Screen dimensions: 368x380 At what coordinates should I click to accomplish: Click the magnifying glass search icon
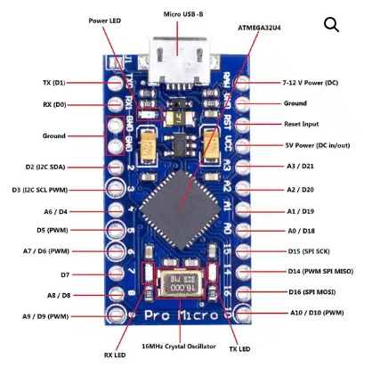[331, 25]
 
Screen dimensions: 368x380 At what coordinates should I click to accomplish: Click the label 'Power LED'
[106, 19]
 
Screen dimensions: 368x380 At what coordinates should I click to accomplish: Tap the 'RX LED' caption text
[114, 356]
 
